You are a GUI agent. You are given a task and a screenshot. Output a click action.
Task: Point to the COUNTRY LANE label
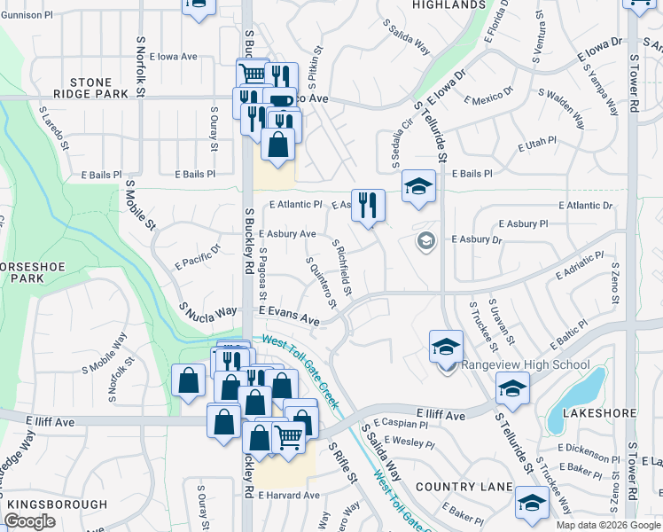coord(464,488)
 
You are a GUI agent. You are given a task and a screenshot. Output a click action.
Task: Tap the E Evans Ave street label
coord(289,316)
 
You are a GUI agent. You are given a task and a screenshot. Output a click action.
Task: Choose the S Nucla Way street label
coord(208,311)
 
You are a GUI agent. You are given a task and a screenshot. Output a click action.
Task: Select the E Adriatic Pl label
coord(581,265)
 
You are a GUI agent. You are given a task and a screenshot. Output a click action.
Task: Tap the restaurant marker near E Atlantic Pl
coord(368,207)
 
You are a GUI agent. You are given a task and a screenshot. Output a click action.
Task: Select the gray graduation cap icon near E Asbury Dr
coord(426,241)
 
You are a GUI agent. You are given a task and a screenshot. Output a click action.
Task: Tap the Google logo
coord(30,522)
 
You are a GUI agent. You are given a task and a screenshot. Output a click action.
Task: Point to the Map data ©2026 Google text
coord(607,525)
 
